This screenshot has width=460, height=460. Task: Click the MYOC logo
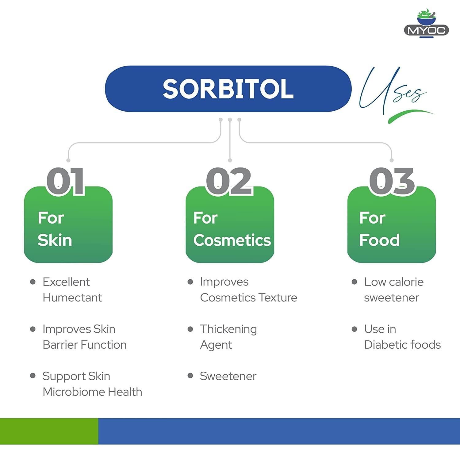click(x=426, y=25)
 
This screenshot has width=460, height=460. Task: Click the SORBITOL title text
click(x=228, y=89)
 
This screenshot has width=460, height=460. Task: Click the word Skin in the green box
click(x=55, y=240)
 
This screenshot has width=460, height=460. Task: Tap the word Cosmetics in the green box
click(x=232, y=240)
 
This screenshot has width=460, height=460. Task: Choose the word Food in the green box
click(x=380, y=240)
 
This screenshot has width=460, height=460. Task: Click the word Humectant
click(x=72, y=298)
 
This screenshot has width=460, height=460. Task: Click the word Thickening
click(x=228, y=329)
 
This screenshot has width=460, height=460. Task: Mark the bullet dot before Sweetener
click(x=190, y=376)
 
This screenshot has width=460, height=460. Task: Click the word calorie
click(x=407, y=282)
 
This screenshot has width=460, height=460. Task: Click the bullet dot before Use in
click(x=355, y=329)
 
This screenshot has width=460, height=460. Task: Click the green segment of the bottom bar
click(x=49, y=431)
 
